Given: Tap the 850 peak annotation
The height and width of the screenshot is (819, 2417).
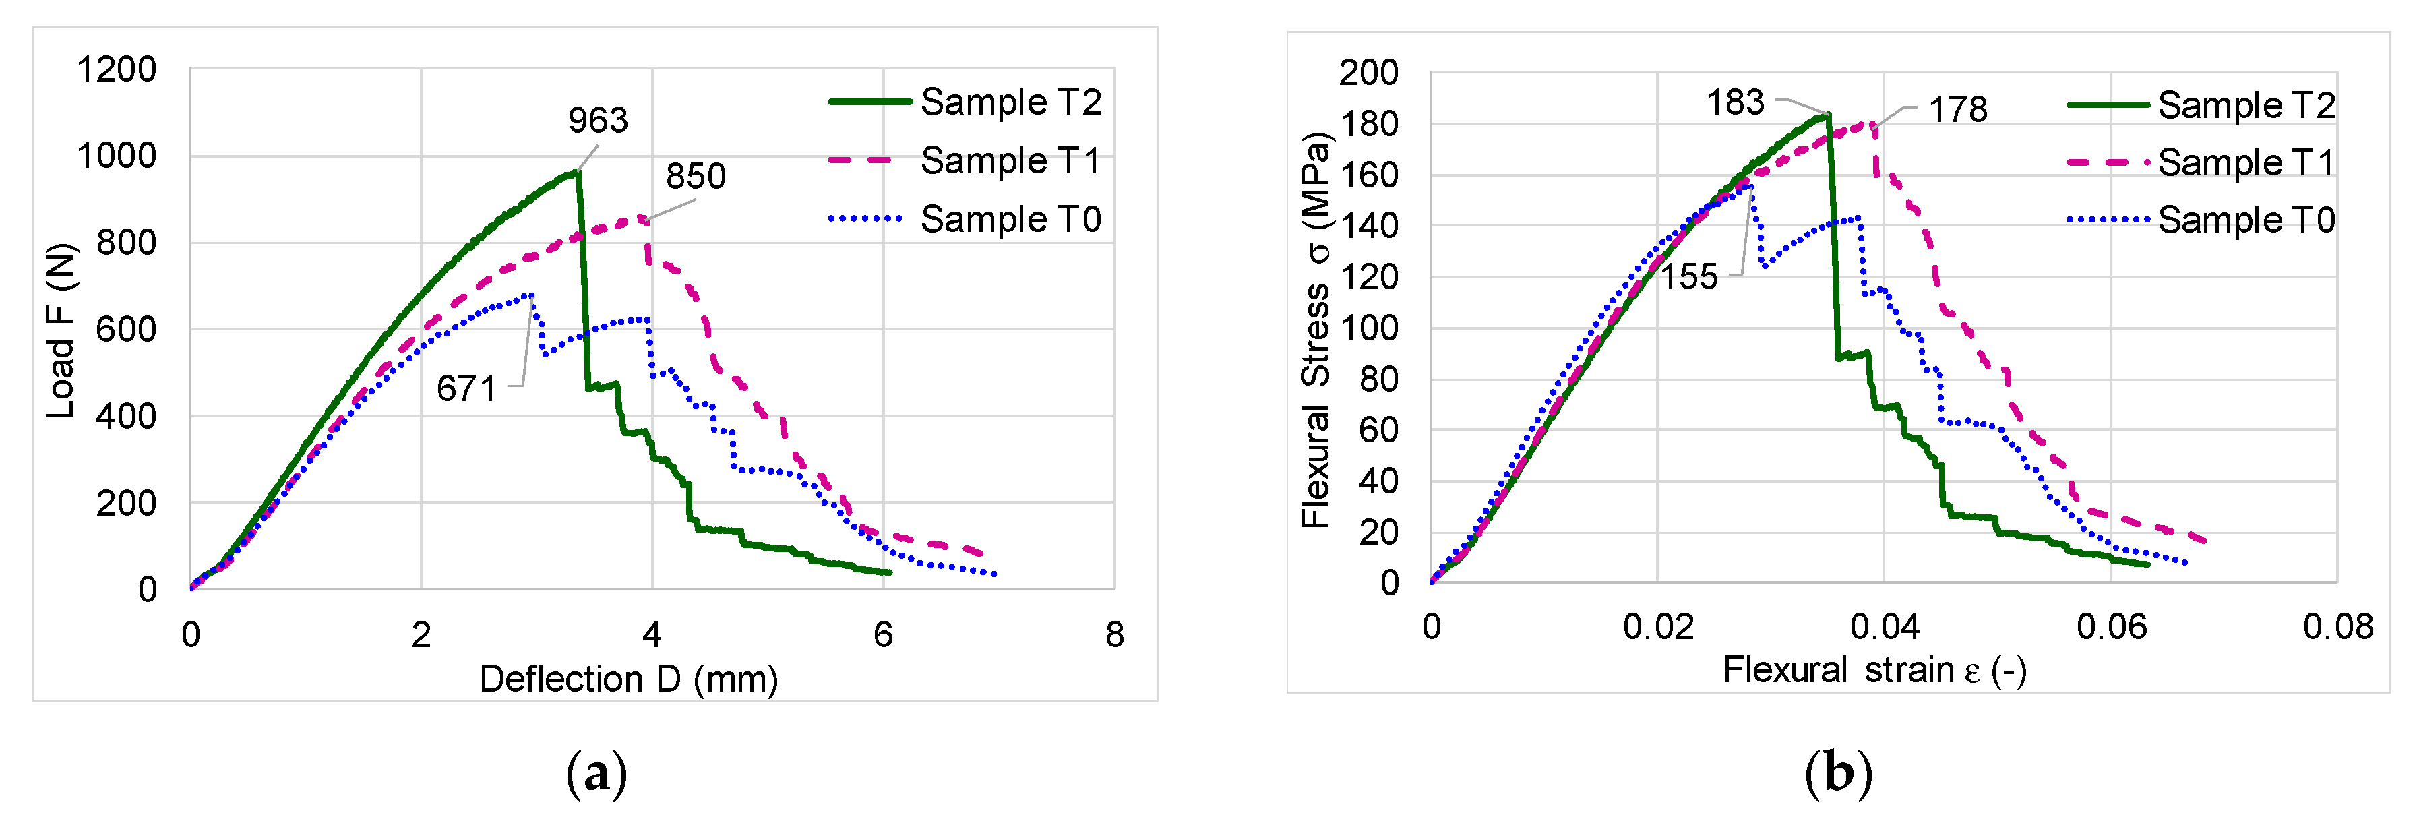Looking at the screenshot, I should point(696,177).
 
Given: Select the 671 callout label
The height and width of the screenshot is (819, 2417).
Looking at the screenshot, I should point(466,388).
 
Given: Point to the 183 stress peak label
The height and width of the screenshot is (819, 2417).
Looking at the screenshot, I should point(1735,102).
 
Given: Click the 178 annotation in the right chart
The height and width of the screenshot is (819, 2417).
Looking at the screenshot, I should point(1957,110).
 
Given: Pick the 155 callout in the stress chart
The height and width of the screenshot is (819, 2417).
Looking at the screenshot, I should point(1689,277).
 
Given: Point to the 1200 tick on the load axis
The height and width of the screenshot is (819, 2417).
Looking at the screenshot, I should point(117,69).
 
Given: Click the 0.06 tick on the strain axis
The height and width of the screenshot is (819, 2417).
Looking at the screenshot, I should point(2111,627).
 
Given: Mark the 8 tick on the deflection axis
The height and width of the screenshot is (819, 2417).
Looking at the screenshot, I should point(1113,635).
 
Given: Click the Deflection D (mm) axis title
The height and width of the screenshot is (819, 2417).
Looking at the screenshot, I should point(629,679).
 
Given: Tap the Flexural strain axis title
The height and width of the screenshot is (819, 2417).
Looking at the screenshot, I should point(1874,671).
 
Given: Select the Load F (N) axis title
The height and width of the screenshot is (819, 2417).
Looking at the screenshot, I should point(60,330).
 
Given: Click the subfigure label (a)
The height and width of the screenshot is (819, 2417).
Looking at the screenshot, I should point(596,775).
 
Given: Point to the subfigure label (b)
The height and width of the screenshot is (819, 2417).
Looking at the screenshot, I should point(1838,775).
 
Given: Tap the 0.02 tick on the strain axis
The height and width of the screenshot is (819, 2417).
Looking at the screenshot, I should point(1658,627).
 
